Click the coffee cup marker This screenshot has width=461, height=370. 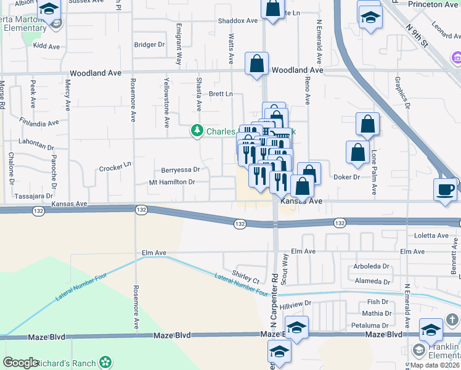(x=446, y=188)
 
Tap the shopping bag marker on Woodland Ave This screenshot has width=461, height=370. (x=256, y=64)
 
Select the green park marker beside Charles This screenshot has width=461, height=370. (x=197, y=131)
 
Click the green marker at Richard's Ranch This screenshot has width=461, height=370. (x=106, y=362)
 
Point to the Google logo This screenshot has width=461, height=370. (x=21, y=363)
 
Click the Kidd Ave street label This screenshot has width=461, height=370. (x=47, y=46)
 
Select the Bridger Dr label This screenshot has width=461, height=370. (x=149, y=45)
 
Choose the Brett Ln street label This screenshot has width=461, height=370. (x=221, y=94)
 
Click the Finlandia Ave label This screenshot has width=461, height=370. (x=39, y=121)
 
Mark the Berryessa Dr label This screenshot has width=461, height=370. (x=180, y=170)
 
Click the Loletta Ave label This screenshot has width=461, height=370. (x=431, y=236)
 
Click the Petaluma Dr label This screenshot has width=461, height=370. (x=371, y=324)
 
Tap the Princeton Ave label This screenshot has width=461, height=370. (x=434, y=5)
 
